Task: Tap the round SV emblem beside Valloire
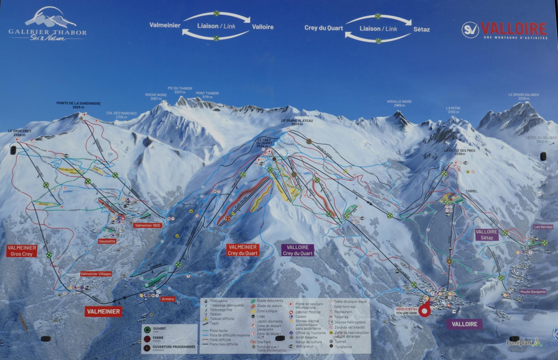pyautogui.click(x=470, y=29)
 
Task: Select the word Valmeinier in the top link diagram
pyautogui.click(x=165, y=25)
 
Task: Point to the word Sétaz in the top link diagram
pyautogui.click(x=421, y=29)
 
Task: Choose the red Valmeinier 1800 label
pyautogui.click(x=148, y=225)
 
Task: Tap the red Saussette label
pyautogui.click(x=107, y=241)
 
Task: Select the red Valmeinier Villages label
pyautogui.click(x=96, y=274)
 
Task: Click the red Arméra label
pyautogui.click(x=167, y=298)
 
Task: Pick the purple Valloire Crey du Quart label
pyautogui.click(x=298, y=250)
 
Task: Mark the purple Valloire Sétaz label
pyautogui.click(x=486, y=234)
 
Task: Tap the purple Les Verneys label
pyautogui.click(x=543, y=227)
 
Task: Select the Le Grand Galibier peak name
pyautogui.click(x=523, y=96)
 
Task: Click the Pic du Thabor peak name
pyautogui.click(x=180, y=89)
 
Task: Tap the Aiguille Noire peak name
pyautogui.click(x=399, y=103)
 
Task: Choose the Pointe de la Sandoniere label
pyautogui.click(x=79, y=104)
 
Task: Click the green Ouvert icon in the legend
pyautogui.click(x=147, y=329)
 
